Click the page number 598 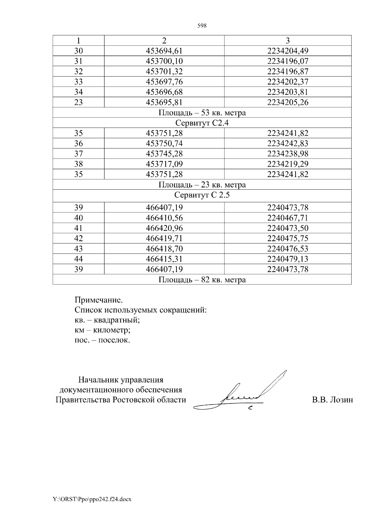(202, 26)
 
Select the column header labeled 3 (288, 41)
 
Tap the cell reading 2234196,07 (288, 61)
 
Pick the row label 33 (79, 82)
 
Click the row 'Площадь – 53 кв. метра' (202, 113)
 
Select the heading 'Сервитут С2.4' (202, 123)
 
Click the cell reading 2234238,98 (288, 154)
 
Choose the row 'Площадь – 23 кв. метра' (202, 185)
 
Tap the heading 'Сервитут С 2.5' (202, 195)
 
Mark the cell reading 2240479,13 (288, 259)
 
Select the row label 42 (79, 238)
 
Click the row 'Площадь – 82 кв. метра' (202, 280)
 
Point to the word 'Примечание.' (97, 299)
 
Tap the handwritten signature (243, 393)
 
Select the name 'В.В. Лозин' (332, 400)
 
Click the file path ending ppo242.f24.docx (92, 499)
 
